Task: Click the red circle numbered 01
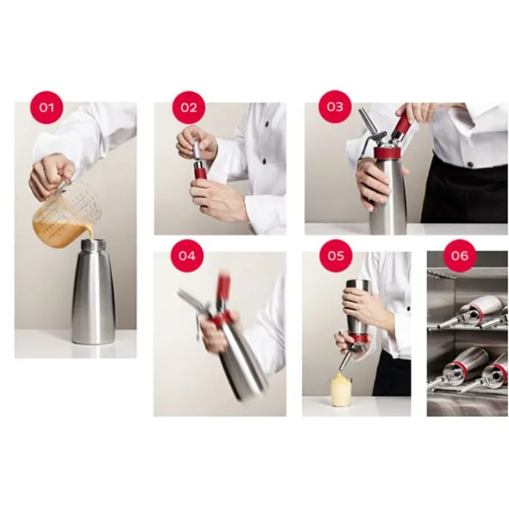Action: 46,107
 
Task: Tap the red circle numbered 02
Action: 189,107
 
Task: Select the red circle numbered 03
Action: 334,106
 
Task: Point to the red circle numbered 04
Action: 187,256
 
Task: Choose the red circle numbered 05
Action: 335,256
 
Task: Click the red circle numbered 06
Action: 460,256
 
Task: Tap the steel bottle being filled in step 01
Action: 93,291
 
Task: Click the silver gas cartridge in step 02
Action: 198,149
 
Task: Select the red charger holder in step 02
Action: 200,169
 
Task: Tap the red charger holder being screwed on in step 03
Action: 401,124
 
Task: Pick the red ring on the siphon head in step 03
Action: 388,152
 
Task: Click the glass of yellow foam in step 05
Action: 340,389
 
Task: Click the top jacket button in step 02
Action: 266,123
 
